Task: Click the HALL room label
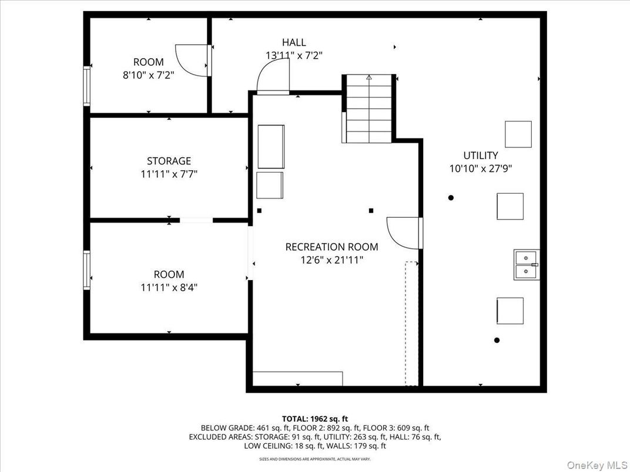tap(293, 42)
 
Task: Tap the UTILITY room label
tap(480, 156)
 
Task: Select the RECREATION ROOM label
tap(331, 247)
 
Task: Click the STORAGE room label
tap(169, 161)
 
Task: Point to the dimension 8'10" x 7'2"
tap(149, 75)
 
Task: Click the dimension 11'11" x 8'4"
tap(169, 288)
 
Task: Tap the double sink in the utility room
tap(526, 265)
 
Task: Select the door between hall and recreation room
tap(274, 77)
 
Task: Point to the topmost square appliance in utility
tap(518, 134)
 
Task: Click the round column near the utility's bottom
tap(497, 340)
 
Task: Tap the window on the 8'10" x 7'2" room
tap(87, 86)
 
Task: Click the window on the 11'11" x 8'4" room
tap(87, 270)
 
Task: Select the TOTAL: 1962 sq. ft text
tap(315, 419)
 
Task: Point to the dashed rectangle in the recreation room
tap(411, 323)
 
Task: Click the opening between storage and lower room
tap(196, 220)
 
